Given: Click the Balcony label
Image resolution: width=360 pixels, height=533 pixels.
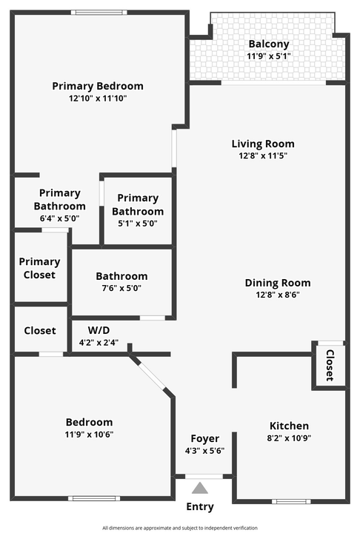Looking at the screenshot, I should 268,44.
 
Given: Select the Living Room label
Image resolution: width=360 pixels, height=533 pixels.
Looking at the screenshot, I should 263,144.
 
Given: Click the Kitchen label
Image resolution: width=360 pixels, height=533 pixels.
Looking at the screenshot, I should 289,426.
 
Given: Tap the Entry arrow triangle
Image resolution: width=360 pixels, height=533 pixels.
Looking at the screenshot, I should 200,489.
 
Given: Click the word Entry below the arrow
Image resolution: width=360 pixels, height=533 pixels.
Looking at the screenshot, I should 200,507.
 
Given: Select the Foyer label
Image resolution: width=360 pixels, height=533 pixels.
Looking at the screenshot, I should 204,438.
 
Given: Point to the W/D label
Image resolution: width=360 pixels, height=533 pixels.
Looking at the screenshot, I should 99,329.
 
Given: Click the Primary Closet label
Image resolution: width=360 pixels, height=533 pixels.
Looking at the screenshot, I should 39,268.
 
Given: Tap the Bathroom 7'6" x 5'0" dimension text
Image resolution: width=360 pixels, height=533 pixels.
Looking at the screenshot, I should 121,289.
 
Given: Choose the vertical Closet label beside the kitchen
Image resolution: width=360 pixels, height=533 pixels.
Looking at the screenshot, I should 330,366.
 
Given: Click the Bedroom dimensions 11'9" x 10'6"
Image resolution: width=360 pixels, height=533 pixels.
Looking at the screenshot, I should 89,435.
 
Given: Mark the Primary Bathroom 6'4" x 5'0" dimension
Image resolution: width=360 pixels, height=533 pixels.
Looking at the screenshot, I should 60,218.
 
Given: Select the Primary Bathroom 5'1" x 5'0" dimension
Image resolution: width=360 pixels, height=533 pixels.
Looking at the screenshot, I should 138,223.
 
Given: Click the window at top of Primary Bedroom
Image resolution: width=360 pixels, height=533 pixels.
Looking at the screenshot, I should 99,12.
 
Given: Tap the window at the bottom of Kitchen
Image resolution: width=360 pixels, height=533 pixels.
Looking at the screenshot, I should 291,501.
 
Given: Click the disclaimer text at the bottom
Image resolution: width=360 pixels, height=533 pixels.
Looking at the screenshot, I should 180,528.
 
